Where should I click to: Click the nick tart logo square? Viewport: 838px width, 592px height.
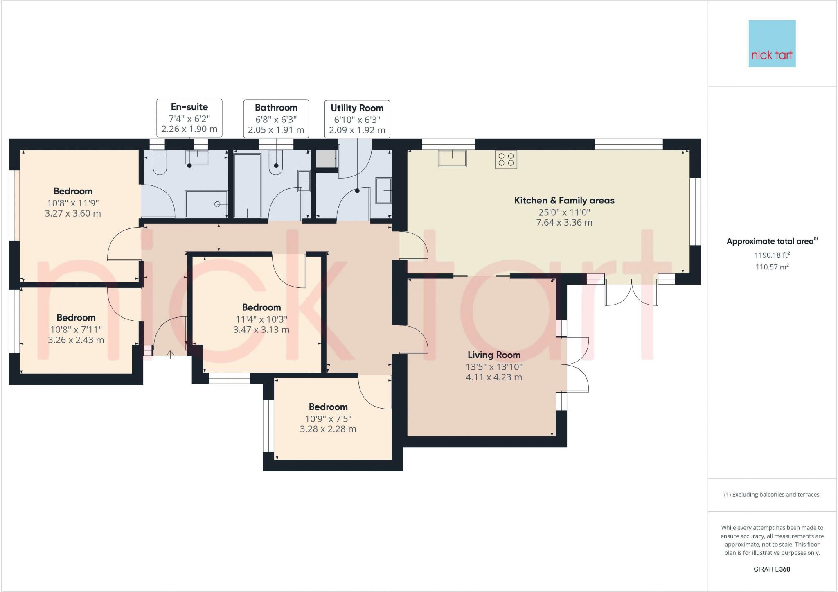click(772, 43)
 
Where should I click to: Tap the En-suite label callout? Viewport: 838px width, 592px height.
click(189, 117)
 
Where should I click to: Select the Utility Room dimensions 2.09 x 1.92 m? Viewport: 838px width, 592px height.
click(357, 130)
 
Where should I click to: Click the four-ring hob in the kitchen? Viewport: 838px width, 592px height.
click(506, 159)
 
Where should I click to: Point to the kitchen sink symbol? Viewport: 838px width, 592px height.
click(452, 158)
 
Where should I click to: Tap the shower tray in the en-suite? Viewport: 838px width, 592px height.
click(206, 204)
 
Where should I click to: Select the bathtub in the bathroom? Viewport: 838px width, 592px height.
click(247, 185)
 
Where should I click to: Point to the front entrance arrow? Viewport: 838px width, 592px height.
click(170, 354)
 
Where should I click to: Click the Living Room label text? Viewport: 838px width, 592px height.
click(494, 355)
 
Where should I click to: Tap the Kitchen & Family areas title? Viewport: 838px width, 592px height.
click(564, 201)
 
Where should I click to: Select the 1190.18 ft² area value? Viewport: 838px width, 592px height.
click(772, 255)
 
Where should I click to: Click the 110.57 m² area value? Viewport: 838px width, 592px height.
click(772, 267)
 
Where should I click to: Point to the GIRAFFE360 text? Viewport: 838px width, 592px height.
click(772, 569)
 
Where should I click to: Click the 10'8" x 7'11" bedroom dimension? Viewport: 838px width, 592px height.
click(76, 329)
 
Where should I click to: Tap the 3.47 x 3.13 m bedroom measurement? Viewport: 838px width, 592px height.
click(261, 330)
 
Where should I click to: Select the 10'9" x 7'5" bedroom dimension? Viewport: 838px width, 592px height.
click(328, 418)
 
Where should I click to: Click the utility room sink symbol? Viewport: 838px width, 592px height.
click(384, 190)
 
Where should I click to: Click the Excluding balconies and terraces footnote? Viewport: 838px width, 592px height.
click(772, 495)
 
